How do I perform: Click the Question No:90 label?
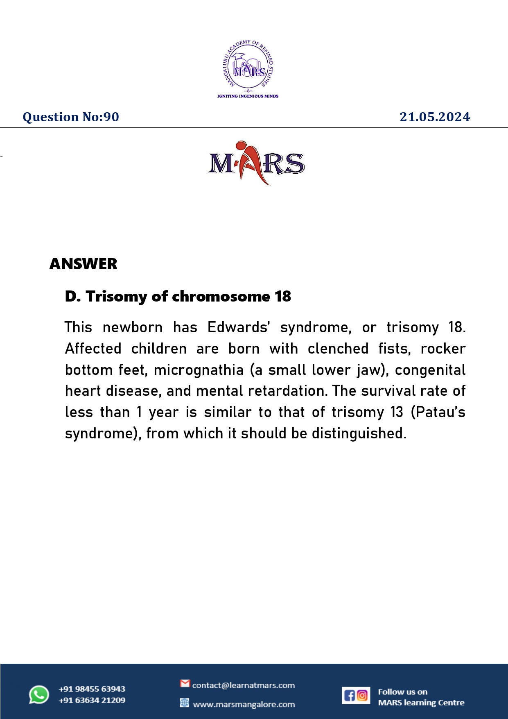71,117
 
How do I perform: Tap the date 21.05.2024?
435,117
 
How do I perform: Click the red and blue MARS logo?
256,163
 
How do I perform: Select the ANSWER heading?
83,264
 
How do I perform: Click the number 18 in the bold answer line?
282,296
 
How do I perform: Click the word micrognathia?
199,370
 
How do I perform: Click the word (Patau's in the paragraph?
438,412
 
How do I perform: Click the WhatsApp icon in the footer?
39,695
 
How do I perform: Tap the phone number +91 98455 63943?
92,689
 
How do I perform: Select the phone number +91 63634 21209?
92,700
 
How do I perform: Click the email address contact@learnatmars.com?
243,685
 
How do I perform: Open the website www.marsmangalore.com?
244,704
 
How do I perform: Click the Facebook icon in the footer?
349,695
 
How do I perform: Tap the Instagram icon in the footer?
362,695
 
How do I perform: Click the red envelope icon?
185,683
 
